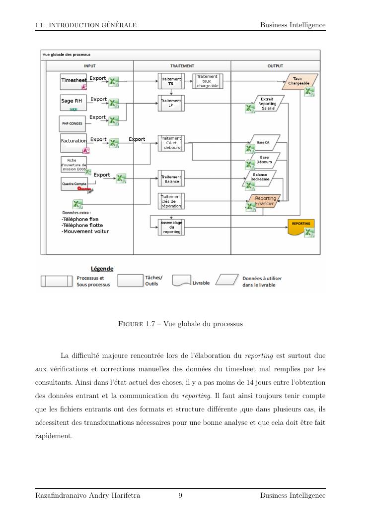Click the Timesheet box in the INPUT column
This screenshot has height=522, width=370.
(x=73, y=80)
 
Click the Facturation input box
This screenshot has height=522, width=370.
(x=74, y=141)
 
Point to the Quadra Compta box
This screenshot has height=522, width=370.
(x=74, y=184)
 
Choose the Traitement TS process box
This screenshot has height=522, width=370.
(x=170, y=81)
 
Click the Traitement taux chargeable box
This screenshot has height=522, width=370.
(x=207, y=81)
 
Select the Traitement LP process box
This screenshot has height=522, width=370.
(x=170, y=103)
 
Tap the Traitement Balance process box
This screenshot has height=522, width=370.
(x=170, y=179)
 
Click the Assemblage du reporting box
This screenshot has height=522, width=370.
(x=171, y=227)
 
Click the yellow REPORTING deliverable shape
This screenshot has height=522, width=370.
(x=301, y=226)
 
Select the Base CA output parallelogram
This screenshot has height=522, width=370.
(x=263, y=142)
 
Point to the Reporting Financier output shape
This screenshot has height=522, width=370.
(x=265, y=201)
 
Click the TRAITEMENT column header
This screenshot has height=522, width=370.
(x=182, y=65)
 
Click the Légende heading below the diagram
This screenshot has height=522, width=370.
(x=102, y=269)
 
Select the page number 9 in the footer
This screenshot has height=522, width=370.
(x=180, y=495)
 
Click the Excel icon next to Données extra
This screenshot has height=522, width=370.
(x=77, y=204)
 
